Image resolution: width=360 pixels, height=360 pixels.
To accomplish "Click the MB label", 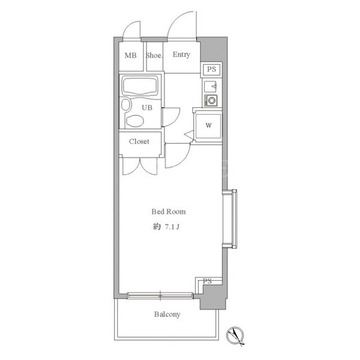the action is [x=130, y=56].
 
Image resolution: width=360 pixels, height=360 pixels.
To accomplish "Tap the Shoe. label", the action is [x=154, y=56].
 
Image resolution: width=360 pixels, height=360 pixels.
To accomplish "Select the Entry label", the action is [x=181, y=55].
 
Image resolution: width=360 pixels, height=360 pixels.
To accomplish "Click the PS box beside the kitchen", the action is [x=211, y=70].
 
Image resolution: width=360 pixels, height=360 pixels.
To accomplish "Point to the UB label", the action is [x=147, y=108].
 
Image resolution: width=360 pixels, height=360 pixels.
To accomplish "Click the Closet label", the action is [x=139, y=141].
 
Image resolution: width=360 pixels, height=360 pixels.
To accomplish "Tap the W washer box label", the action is [x=209, y=125].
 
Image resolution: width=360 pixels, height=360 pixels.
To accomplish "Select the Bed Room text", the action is [x=168, y=212].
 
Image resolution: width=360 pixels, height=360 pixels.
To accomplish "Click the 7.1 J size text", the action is [x=172, y=227].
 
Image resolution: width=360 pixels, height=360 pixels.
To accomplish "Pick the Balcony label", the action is [x=167, y=314].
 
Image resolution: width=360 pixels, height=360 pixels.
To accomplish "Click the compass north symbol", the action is [x=235, y=335].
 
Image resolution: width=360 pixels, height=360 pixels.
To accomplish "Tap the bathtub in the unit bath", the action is [x=140, y=86].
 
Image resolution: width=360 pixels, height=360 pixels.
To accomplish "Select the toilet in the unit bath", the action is [x=135, y=121].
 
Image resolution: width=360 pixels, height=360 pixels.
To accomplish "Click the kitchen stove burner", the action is [x=211, y=100].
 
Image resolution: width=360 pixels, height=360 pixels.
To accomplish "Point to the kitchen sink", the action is [x=211, y=86].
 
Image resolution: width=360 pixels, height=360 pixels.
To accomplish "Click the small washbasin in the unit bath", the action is [x=125, y=105].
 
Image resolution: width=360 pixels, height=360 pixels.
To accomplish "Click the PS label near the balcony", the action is [x=207, y=281].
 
